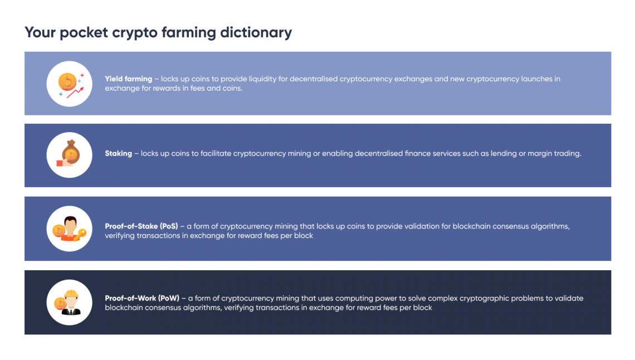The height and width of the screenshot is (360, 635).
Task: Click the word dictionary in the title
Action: click(256, 32)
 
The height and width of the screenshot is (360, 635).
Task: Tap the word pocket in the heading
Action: click(84, 33)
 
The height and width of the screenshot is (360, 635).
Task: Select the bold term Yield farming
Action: click(128, 79)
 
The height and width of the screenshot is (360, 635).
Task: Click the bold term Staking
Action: click(118, 153)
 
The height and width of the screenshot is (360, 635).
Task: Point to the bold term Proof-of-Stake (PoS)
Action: click(141, 226)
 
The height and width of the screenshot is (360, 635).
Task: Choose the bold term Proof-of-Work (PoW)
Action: click(142, 299)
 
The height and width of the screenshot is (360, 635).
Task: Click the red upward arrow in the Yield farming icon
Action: click(75, 93)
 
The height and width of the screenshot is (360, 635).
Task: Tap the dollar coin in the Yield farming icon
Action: click(67, 82)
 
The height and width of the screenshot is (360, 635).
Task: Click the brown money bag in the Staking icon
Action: click(71, 152)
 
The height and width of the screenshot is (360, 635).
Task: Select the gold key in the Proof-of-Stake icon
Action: click(81, 235)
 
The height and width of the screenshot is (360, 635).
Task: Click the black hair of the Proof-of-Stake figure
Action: click(71, 220)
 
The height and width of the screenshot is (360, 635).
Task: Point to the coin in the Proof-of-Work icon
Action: click(60, 303)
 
